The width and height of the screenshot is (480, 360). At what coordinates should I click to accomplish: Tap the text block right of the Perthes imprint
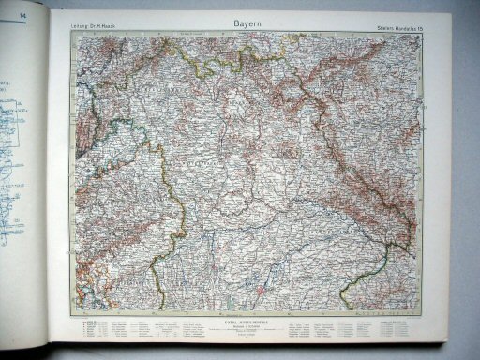click(319, 327)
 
